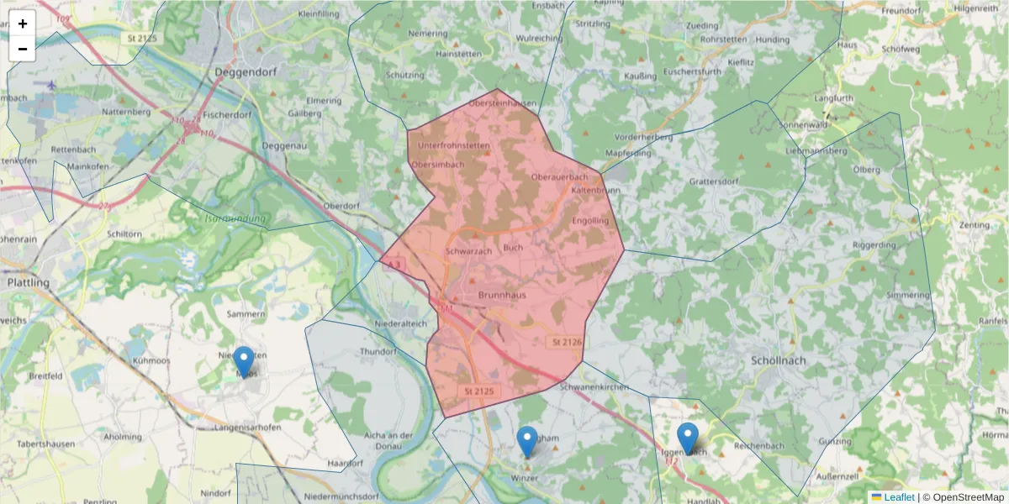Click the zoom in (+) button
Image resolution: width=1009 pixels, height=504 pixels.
(x=23, y=24)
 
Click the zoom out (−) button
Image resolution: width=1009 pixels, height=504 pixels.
(x=23, y=49)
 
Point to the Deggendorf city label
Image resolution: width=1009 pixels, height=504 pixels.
(x=246, y=72)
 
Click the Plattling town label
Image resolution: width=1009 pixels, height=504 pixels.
(x=29, y=283)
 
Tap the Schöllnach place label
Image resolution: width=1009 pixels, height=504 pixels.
(x=778, y=360)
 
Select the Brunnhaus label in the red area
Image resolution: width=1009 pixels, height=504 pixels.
(x=503, y=296)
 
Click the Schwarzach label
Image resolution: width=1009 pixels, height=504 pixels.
(x=469, y=251)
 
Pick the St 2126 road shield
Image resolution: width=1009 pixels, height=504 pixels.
(x=567, y=343)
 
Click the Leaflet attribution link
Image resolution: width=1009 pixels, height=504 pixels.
(x=899, y=497)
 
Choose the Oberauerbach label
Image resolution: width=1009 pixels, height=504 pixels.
(x=560, y=177)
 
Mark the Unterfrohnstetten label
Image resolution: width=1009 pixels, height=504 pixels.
(x=453, y=145)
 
